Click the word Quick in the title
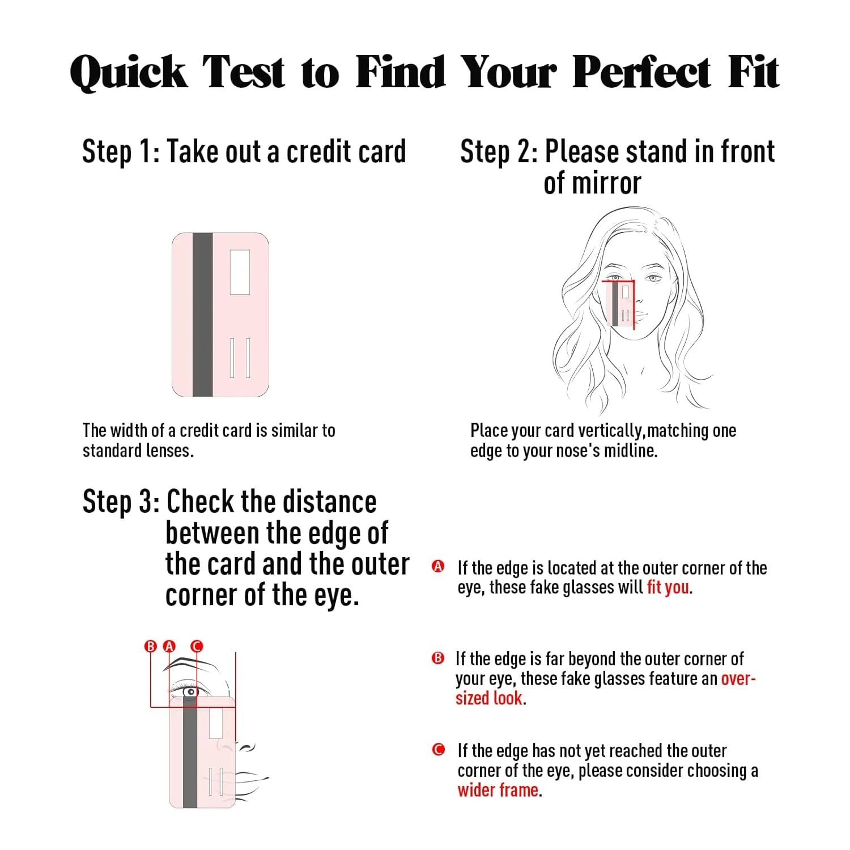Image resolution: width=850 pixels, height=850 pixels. pos(128,73)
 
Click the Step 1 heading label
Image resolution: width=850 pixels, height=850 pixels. pos(120,152)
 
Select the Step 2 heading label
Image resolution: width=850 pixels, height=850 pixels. pos(499,152)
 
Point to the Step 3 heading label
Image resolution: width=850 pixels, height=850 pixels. pos(121,502)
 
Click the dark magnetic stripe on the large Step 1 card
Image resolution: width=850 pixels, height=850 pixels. pos(202,314)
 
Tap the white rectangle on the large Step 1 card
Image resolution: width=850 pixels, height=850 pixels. pos(240,272)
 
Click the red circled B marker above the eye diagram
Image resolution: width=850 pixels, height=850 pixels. pos(151,647)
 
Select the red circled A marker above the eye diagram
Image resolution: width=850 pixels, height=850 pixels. pos(169,647)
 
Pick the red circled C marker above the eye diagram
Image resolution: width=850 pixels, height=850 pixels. pos(197,647)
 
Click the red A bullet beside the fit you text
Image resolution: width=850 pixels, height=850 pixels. pos(438,566)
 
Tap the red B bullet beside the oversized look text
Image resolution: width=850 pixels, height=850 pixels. pos(438,658)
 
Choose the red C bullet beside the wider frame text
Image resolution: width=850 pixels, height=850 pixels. pos(438,750)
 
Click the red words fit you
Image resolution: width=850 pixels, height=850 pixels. pos(668,587)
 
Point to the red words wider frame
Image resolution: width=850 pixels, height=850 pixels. pos(498,790)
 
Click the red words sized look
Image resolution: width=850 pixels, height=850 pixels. pos(489,698)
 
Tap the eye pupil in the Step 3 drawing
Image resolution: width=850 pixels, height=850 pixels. pos(192,692)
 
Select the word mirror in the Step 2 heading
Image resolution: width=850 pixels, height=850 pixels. pos(592,184)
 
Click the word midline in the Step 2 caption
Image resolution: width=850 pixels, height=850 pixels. pos(630,451)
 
